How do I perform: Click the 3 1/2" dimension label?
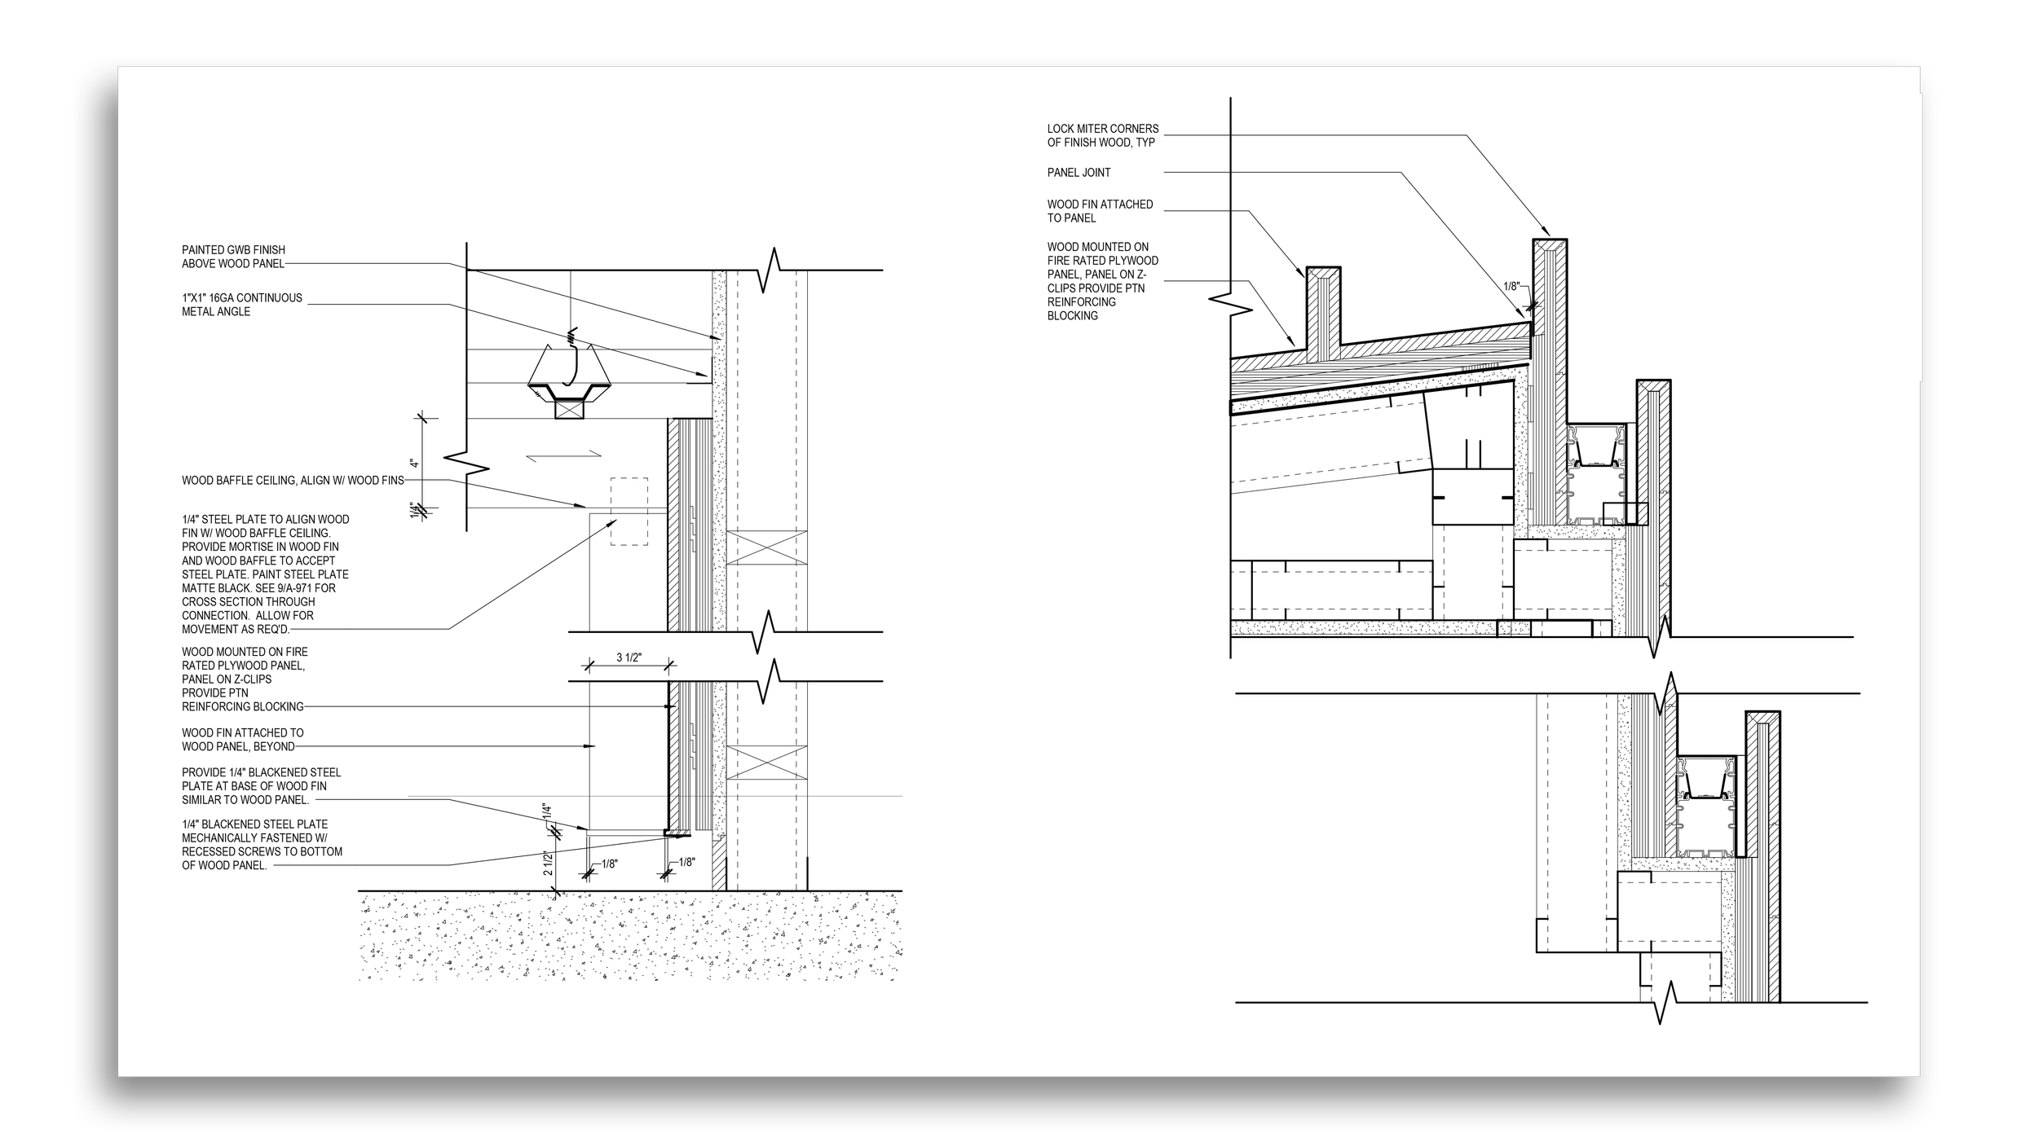coord(629,657)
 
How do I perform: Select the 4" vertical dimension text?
coord(415,464)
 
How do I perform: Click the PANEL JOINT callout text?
coord(1079,173)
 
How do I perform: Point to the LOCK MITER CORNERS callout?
coord(1102,136)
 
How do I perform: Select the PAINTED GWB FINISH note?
coord(233,257)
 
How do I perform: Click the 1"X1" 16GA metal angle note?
coord(241,305)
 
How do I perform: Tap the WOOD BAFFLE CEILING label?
coord(293,481)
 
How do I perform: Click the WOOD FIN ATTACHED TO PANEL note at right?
coord(1100,211)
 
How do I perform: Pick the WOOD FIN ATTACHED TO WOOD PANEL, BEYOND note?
coord(242,740)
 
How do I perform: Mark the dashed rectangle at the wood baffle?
coord(629,511)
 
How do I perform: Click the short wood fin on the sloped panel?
coord(1324,314)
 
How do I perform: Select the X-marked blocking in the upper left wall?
coord(766,547)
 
